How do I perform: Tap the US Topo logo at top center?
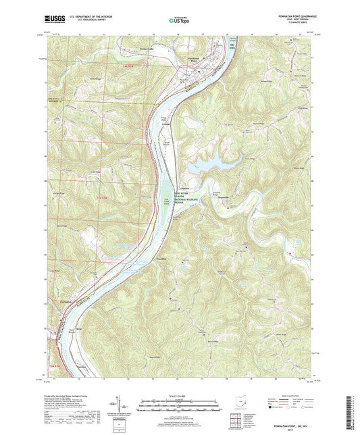(x=179, y=22)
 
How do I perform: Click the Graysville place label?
(x=222, y=198)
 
